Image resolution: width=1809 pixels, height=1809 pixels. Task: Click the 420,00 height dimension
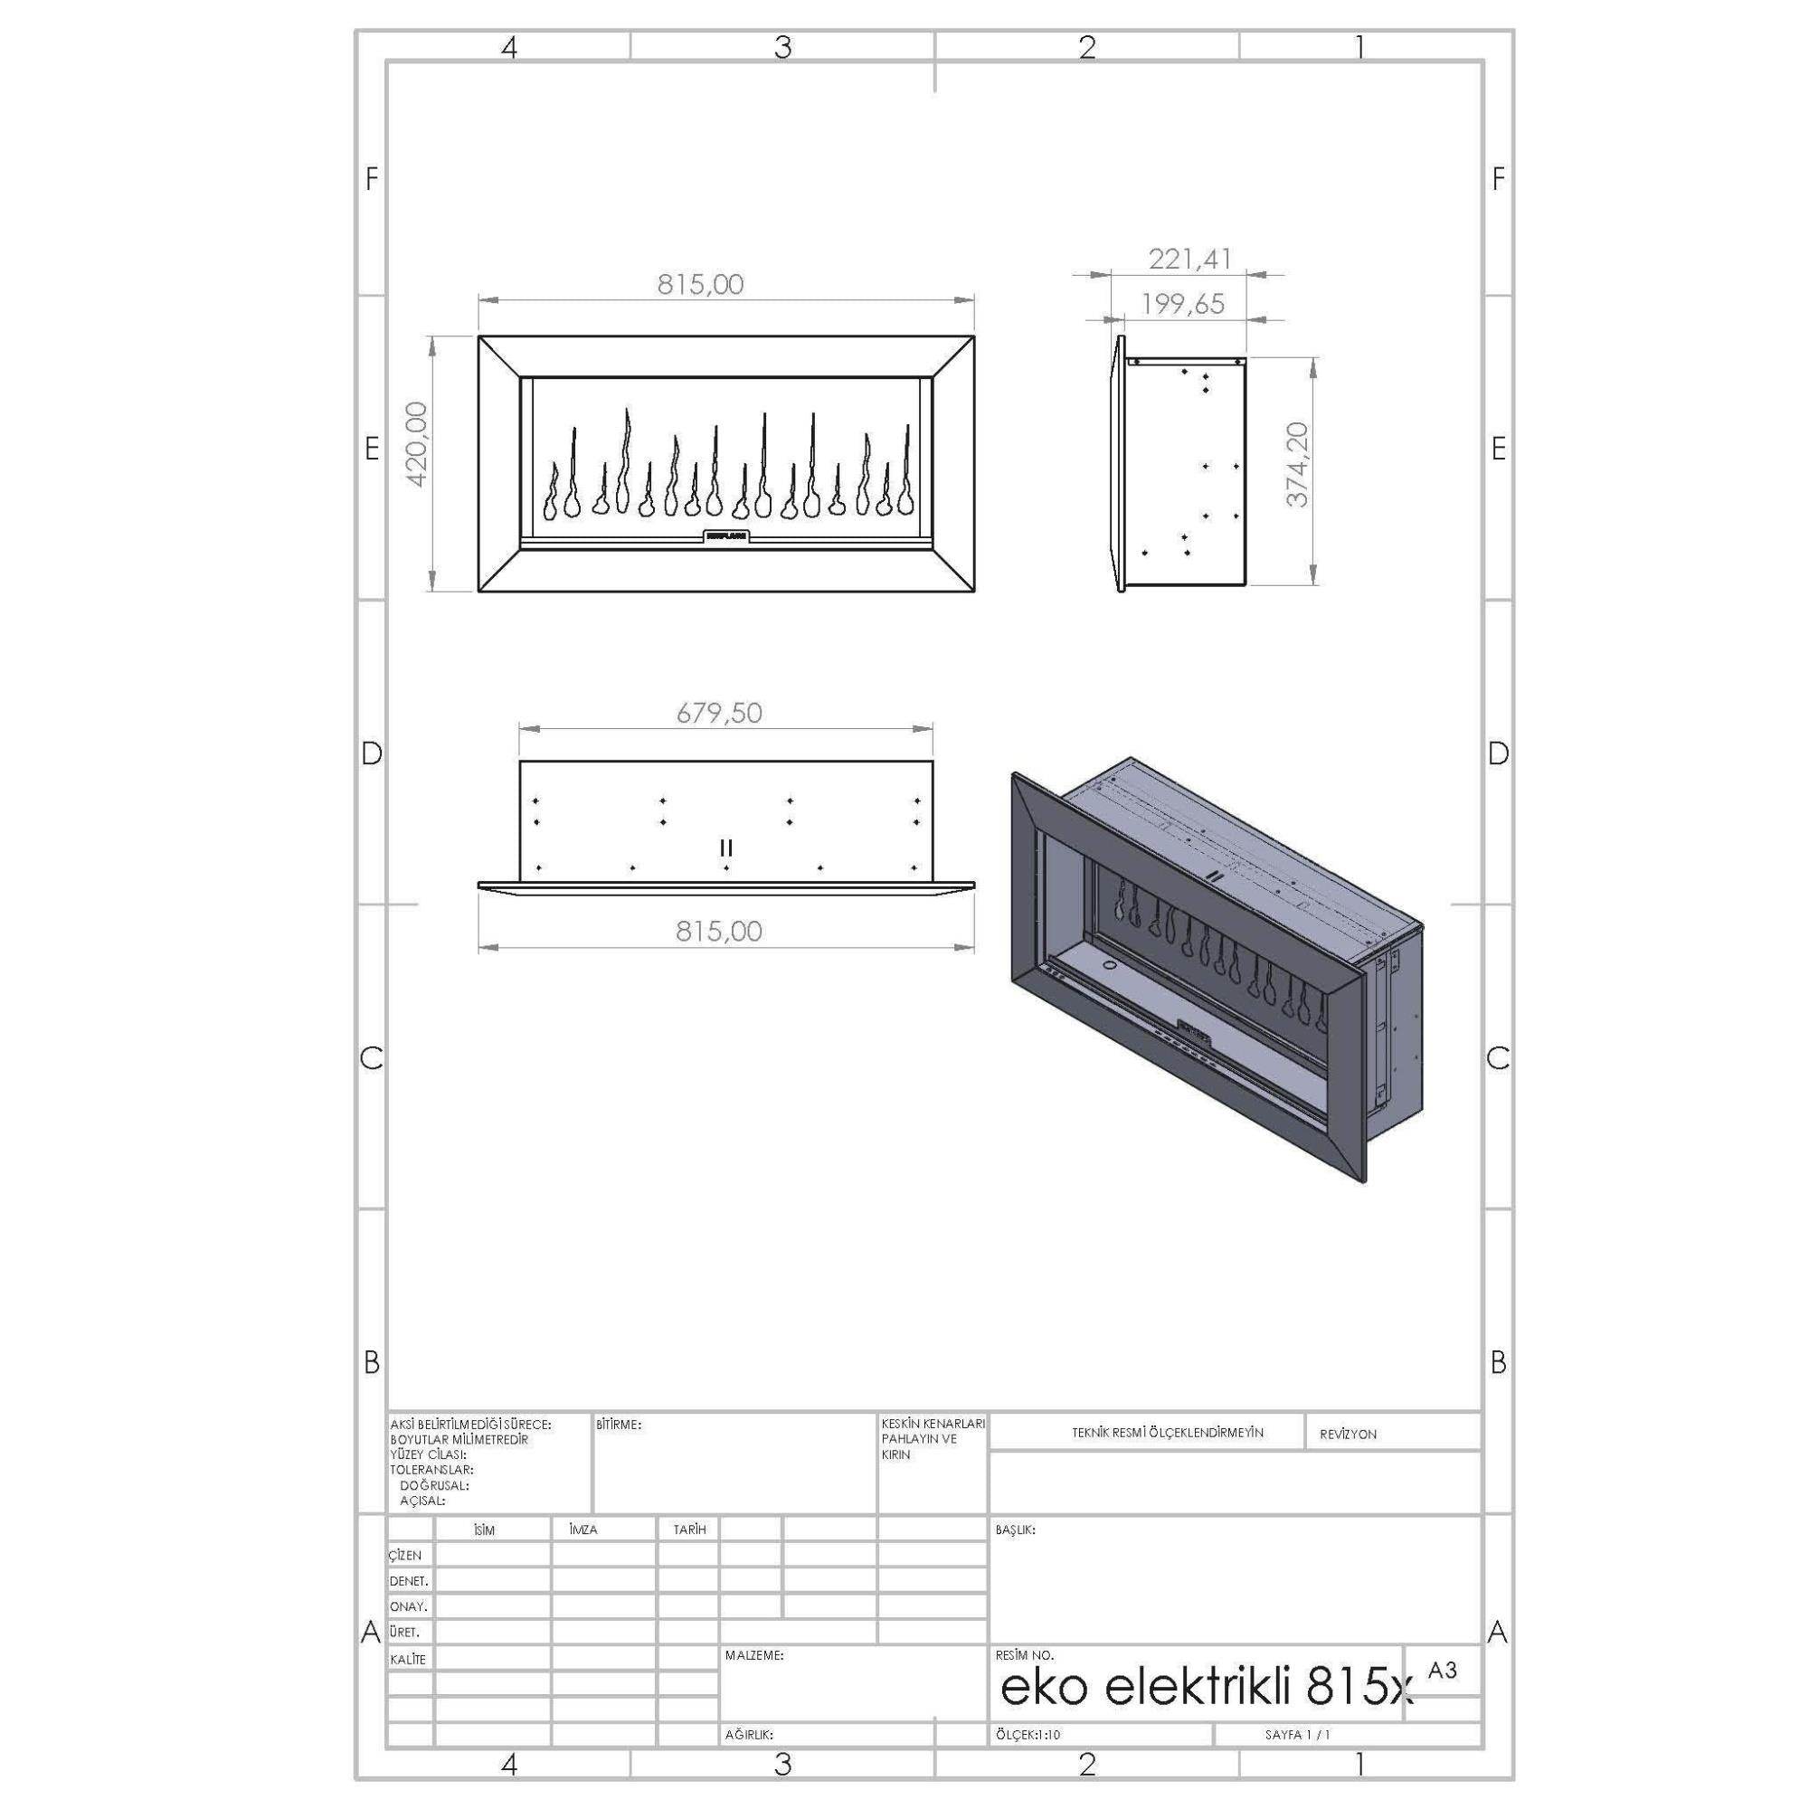[417, 445]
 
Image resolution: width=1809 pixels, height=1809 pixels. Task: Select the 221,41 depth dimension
[1190, 259]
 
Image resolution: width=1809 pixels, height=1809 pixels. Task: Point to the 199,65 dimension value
[1182, 303]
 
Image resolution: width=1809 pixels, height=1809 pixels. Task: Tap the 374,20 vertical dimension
[1298, 464]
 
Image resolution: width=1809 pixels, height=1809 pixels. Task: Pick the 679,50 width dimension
[719, 714]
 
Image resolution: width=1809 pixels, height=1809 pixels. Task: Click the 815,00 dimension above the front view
[699, 285]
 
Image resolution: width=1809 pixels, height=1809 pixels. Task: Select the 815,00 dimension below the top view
[719, 931]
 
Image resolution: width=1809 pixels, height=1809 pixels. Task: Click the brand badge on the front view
[726, 536]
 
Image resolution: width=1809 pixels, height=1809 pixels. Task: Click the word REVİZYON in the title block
[1348, 1435]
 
